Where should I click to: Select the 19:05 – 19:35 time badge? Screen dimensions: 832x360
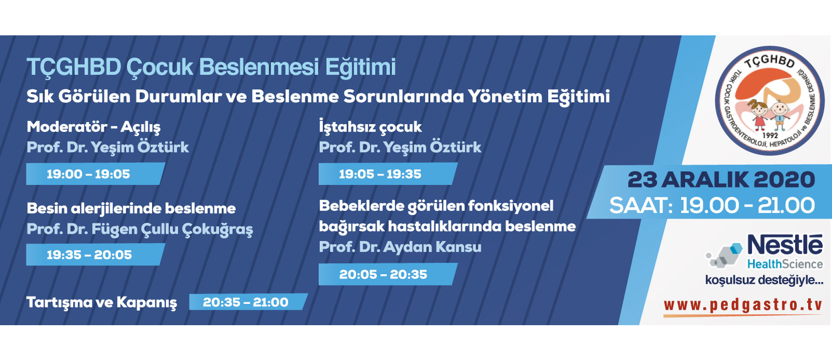pyautogui.click(x=388, y=174)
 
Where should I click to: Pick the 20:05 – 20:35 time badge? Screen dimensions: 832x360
pyautogui.click(x=388, y=274)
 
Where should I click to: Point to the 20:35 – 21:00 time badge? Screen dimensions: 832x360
pyautogui.click(x=248, y=302)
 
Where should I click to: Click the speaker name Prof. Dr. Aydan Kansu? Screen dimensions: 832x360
pyautogui.click(x=400, y=247)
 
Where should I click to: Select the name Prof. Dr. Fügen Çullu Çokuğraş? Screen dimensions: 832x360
pyautogui.click(x=140, y=229)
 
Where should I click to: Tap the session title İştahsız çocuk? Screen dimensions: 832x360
pyautogui.click(x=370, y=127)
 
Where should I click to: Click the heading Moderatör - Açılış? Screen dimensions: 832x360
pyautogui.click(x=93, y=127)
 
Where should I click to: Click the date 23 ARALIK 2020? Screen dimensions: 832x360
pyautogui.click(x=721, y=180)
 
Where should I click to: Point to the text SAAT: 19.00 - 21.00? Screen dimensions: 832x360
pyautogui.click(x=712, y=205)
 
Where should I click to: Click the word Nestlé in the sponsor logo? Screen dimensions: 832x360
pyautogui.click(x=785, y=245)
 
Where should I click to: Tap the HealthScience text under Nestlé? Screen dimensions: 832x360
pyautogui.click(x=785, y=264)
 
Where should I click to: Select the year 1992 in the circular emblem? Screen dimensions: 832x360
pyautogui.click(x=770, y=136)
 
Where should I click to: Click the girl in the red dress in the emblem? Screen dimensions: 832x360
pyautogui.click(x=758, y=115)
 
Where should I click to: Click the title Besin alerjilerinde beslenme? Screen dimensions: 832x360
pyautogui.click(x=131, y=209)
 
